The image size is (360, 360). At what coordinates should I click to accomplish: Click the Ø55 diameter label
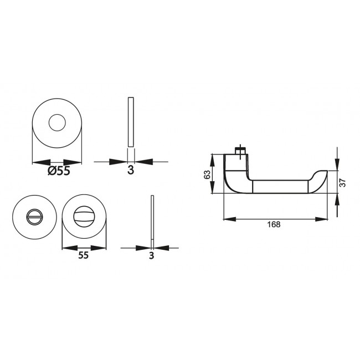pyautogui.click(x=59, y=171)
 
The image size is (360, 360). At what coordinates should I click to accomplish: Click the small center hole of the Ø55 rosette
pyautogui.click(x=57, y=123)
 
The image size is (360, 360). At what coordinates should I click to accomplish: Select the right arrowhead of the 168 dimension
pyautogui.click(x=321, y=219)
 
